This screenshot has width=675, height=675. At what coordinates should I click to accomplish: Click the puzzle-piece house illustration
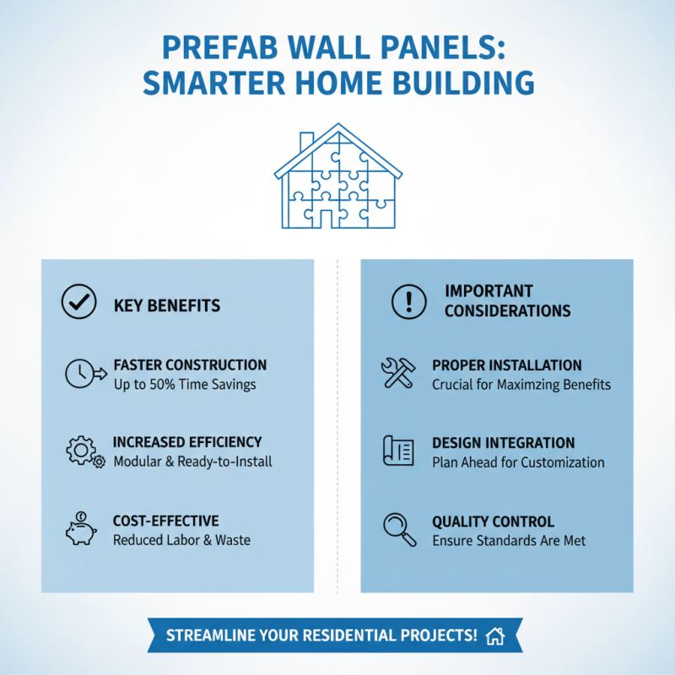pyautogui.click(x=337, y=179)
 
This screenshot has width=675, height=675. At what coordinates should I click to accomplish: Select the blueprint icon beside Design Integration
pyautogui.click(x=398, y=451)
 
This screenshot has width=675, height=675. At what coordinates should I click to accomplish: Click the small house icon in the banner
pyautogui.click(x=495, y=635)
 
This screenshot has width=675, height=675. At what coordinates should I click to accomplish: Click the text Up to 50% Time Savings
pyautogui.click(x=184, y=385)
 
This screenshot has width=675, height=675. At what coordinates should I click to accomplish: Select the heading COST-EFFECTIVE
pyautogui.click(x=165, y=521)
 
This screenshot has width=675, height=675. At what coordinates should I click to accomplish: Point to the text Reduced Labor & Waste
pyautogui.click(x=181, y=540)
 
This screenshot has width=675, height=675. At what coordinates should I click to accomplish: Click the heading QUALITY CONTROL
pyautogui.click(x=493, y=521)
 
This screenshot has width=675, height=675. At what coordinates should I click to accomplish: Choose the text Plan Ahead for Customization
pyautogui.click(x=518, y=462)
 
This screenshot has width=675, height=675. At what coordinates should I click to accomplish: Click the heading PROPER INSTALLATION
pyautogui.click(x=506, y=365)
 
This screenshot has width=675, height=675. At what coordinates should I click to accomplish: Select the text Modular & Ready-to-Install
pyautogui.click(x=192, y=462)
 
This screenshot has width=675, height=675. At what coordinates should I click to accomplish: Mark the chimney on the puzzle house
pyautogui.click(x=307, y=140)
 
